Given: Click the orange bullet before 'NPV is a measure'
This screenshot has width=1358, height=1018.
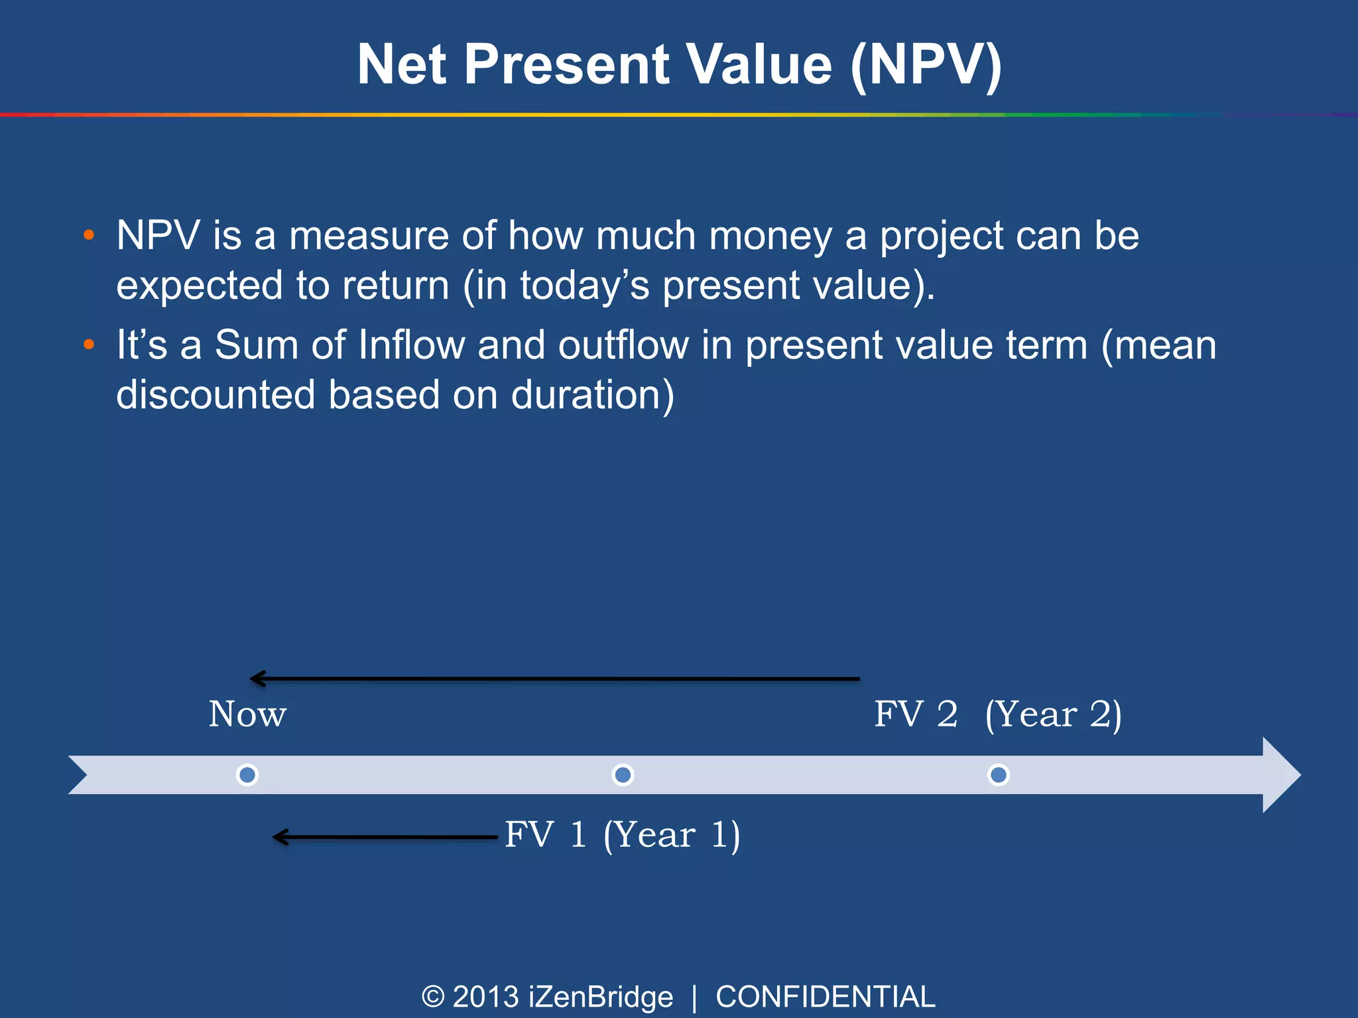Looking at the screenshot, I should point(89,235).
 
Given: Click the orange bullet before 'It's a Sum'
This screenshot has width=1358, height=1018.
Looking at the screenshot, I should point(89,345).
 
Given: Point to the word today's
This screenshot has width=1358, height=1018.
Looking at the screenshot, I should point(584,286).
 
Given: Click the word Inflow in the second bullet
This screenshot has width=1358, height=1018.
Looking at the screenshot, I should point(411,345).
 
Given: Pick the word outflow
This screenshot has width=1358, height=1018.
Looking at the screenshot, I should point(623,345).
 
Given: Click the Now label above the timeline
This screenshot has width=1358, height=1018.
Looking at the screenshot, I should point(247,714).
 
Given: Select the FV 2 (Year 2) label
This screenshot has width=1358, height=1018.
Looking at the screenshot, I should point(997,714).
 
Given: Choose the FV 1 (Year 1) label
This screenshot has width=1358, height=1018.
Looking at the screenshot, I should point(622,834).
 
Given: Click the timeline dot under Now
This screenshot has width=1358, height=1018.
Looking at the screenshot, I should point(247,775).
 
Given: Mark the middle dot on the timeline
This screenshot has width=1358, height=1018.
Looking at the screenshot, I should point(623,775).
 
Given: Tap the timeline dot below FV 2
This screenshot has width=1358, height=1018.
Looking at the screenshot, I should point(998,775).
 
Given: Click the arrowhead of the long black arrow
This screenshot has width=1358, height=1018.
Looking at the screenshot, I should point(257,679).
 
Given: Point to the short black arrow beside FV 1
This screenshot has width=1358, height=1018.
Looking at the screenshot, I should point(385,837).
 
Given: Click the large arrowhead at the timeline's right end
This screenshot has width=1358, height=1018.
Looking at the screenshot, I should point(1280,775).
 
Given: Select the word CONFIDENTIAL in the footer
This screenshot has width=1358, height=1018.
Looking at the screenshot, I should point(825,997).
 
